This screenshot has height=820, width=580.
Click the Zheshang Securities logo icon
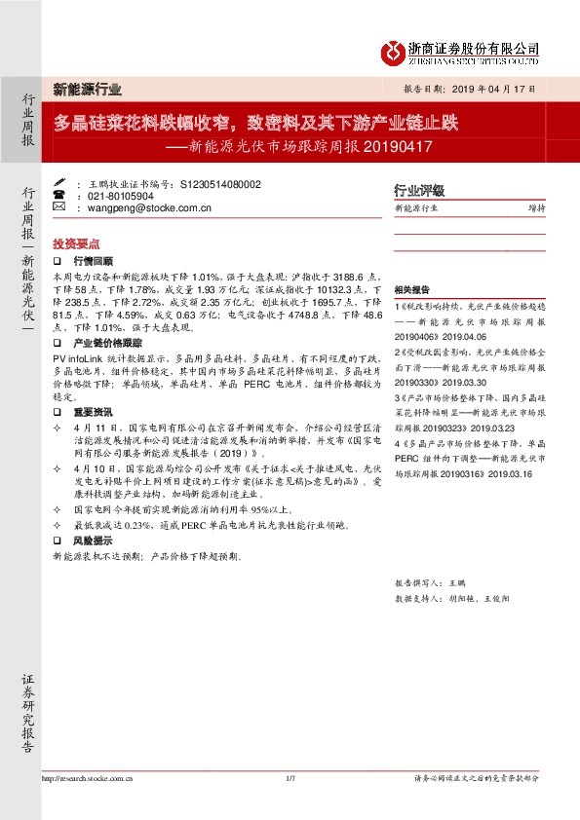pos(391,51)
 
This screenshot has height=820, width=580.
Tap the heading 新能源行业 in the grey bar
pos(88,89)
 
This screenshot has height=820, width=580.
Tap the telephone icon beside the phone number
pos(58,195)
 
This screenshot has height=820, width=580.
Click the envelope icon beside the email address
pos(58,206)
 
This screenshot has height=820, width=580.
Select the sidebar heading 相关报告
pos(412,291)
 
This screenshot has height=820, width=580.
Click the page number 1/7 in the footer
pos(290,778)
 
